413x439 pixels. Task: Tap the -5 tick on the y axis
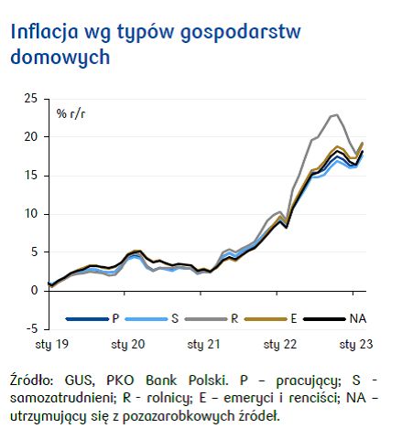click(x=31, y=328)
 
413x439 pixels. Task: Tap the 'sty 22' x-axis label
click(x=279, y=347)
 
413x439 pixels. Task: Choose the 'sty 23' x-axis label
click(x=355, y=347)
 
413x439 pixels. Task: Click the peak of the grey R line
click(x=336, y=115)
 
